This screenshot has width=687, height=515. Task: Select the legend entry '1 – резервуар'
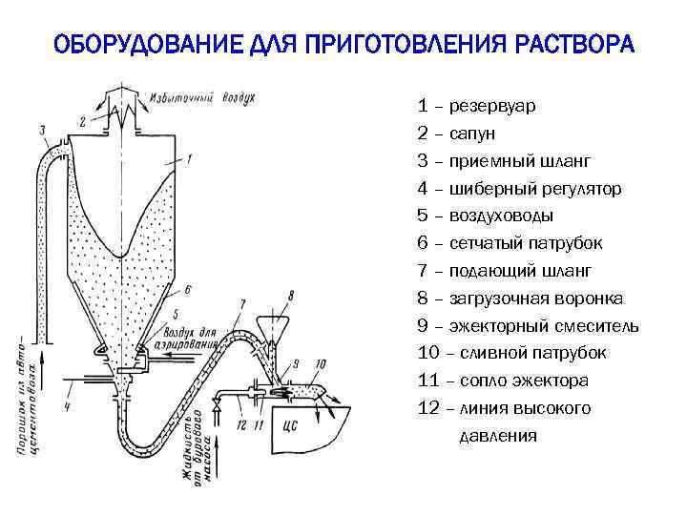pos(475,105)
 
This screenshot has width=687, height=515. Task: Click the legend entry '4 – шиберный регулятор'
pos(519,189)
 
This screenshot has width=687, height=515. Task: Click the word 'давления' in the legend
pos(498,436)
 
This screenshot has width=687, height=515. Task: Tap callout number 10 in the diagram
pos(320,363)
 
